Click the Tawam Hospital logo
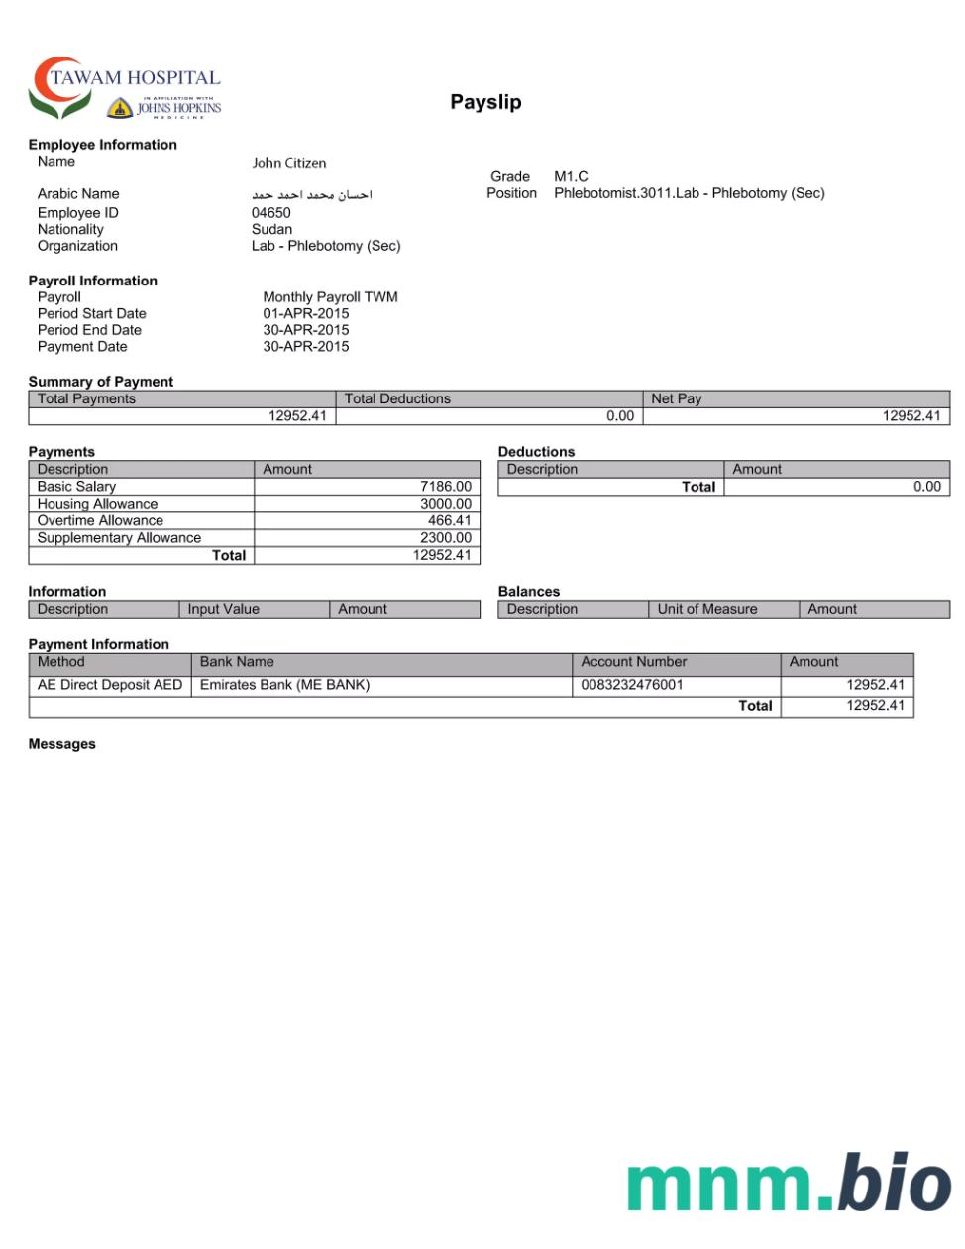(x=125, y=88)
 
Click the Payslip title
(x=485, y=102)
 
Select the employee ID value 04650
(x=270, y=213)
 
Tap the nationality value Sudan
(x=271, y=229)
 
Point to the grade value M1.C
(x=571, y=176)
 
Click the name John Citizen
(x=288, y=163)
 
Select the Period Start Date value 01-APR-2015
(x=305, y=313)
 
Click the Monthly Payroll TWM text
(x=330, y=297)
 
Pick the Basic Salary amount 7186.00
(x=445, y=487)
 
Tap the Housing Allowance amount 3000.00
(x=445, y=504)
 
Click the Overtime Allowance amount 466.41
(x=449, y=520)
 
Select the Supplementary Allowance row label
(x=119, y=538)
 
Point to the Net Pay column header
(x=676, y=398)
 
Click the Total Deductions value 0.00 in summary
(x=619, y=416)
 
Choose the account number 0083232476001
(x=631, y=685)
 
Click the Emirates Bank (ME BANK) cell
(x=284, y=685)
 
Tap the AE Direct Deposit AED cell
(x=110, y=685)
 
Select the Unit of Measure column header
(x=706, y=609)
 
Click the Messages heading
(x=61, y=744)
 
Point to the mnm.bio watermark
(x=788, y=1183)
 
